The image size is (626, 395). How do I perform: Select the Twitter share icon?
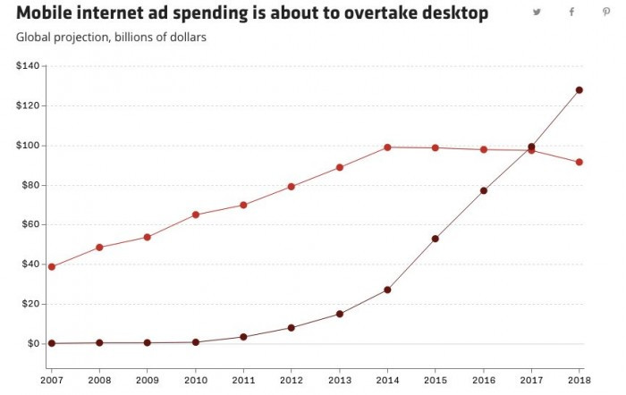537,13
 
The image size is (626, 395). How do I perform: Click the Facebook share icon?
571,13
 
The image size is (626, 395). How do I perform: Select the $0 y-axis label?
34,344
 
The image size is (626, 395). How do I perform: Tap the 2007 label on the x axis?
51,381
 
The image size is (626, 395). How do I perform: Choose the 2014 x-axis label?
387,381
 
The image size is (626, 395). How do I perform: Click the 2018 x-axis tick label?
579,381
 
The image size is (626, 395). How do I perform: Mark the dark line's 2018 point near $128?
579,90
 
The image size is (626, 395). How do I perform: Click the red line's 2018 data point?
579,162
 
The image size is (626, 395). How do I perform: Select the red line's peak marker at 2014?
387,147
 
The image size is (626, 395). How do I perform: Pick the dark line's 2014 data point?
387,290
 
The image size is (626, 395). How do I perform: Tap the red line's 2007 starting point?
52,266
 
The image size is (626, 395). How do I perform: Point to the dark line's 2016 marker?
484,190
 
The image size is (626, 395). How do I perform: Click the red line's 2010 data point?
196,214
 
